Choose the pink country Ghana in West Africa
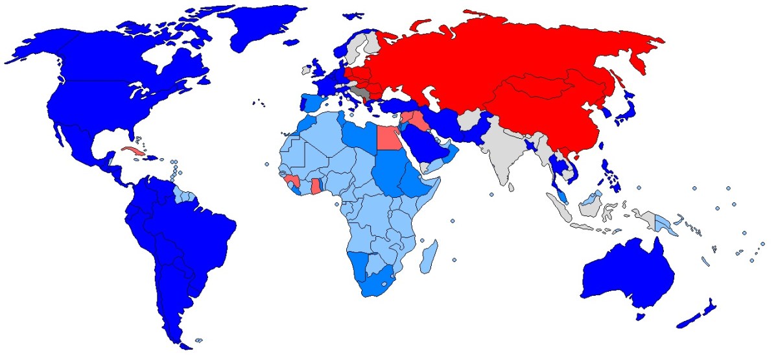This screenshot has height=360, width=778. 316,186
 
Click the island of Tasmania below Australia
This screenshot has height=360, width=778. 641,316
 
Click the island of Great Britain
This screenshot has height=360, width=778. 320,69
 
